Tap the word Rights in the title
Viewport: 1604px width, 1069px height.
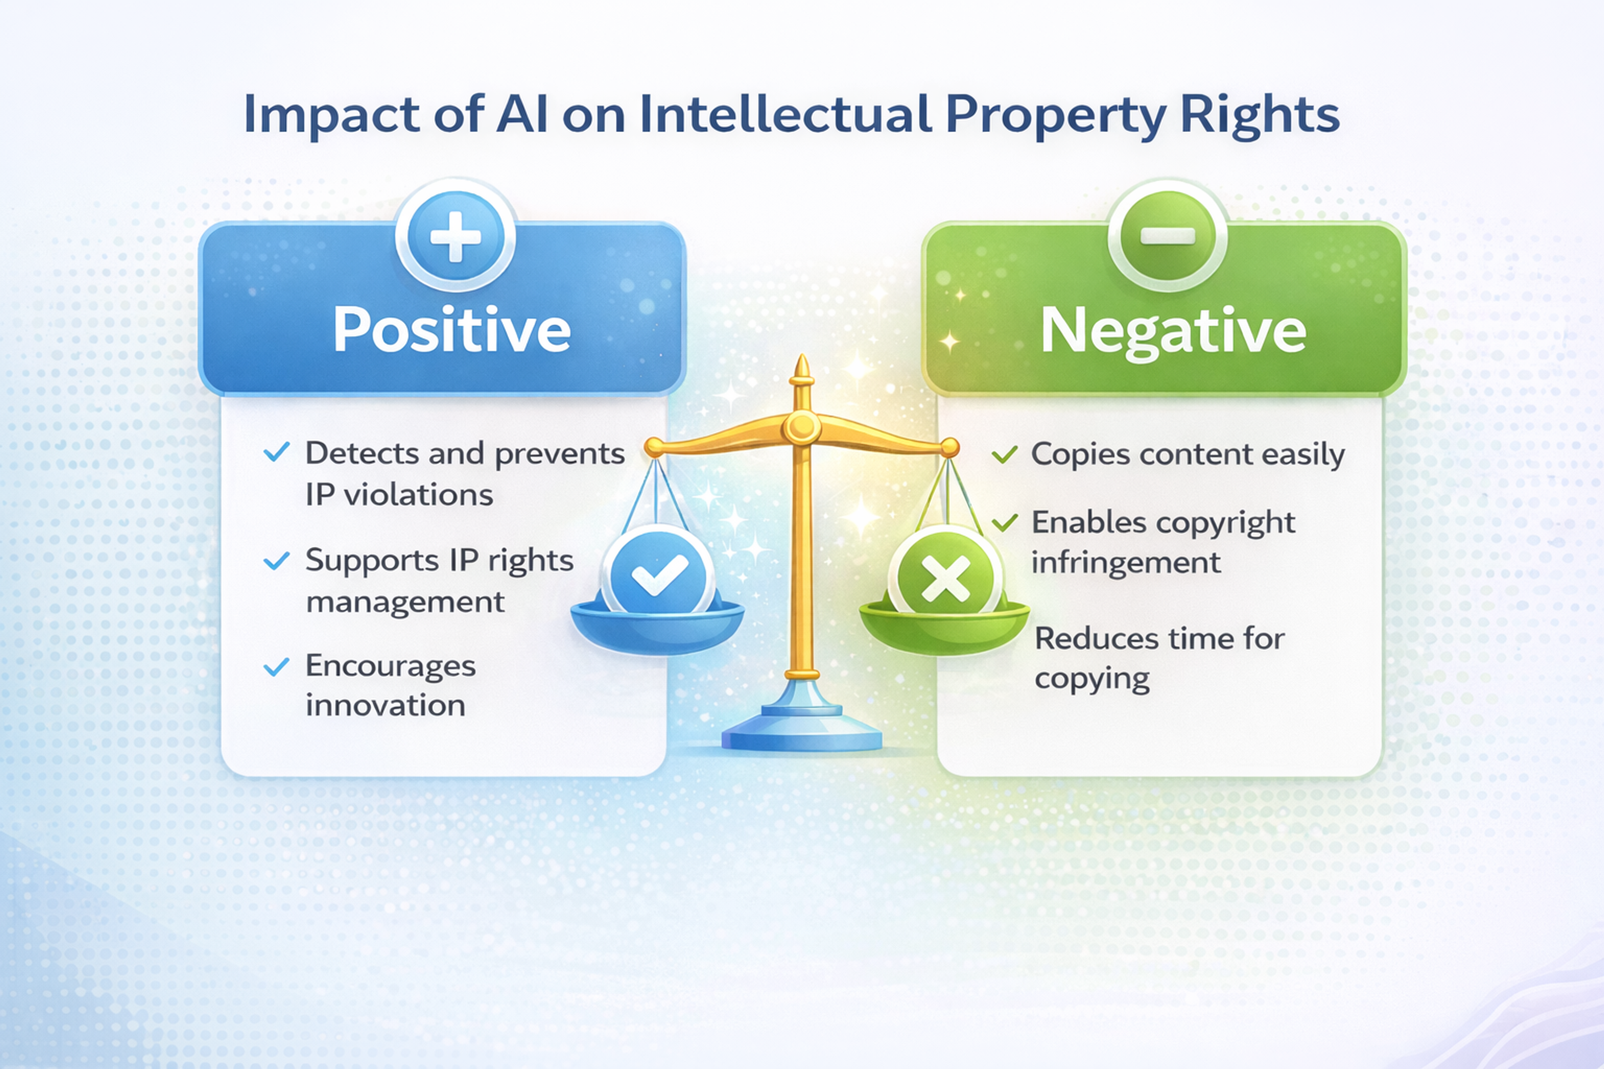[x=1259, y=114]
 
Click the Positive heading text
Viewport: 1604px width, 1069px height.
[x=452, y=330]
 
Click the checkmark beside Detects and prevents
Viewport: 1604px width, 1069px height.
[x=276, y=452]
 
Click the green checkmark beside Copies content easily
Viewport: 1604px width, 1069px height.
[x=1005, y=454]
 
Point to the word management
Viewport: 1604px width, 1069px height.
[x=405, y=603]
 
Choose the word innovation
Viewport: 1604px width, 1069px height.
[x=385, y=706]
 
